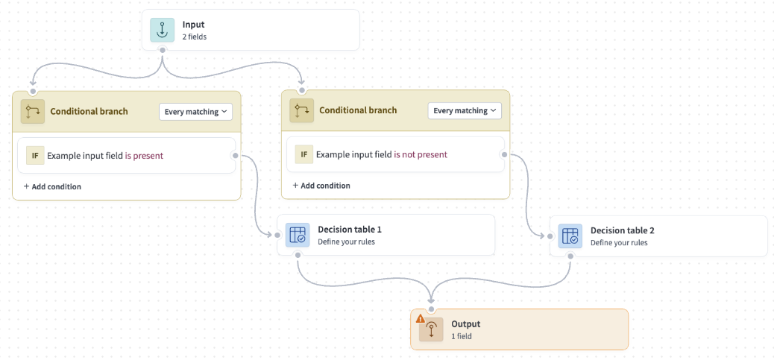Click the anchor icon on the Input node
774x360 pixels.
tap(162, 30)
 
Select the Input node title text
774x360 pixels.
tap(193, 25)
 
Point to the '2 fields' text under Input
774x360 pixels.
tap(195, 37)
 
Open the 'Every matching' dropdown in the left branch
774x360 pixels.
tap(196, 111)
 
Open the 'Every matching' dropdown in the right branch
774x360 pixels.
tap(465, 110)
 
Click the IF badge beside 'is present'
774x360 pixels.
tap(34, 155)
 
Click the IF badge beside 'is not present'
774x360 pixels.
tap(303, 154)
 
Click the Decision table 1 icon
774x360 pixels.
tap(297, 235)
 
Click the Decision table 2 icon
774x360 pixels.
tap(570, 236)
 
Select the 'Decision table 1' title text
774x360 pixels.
tap(349, 230)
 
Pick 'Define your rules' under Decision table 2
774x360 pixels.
tap(619, 242)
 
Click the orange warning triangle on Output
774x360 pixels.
tap(421, 318)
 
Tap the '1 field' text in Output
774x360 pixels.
tap(462, 336)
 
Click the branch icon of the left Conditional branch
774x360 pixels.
tap(32, 111)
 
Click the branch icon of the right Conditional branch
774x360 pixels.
tap(301, 111)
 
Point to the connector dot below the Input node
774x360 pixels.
tap(163, 50)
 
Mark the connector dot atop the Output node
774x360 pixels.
tap(431, 309)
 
